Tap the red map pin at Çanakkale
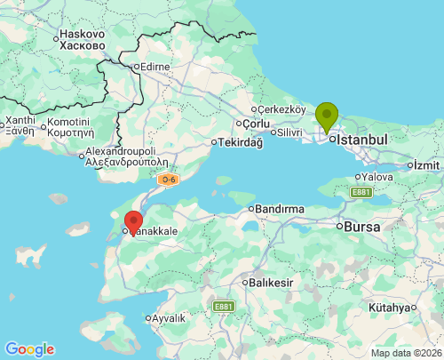click(133, 221)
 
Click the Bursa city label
click(362, 227)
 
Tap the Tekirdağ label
click(241, 142)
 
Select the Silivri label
click(289, 132)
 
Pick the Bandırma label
click(280, 209)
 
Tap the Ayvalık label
click(168, 317)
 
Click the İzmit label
click(426, 164)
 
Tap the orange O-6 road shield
click(168, 180)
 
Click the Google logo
click(29, 349)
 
